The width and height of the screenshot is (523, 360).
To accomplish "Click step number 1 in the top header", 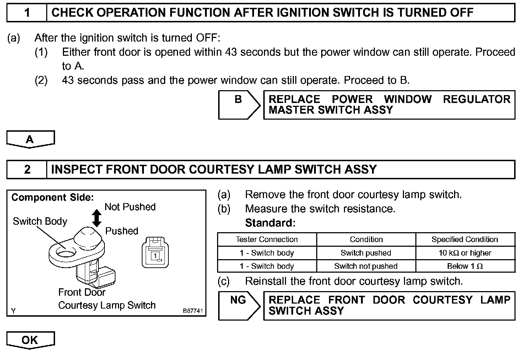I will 27,13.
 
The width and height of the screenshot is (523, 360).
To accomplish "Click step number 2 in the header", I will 27,169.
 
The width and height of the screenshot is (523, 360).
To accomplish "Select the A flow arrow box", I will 30,139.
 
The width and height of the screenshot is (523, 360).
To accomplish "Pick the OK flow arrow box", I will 30,340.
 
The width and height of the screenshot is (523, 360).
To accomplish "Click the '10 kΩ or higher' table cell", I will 465,253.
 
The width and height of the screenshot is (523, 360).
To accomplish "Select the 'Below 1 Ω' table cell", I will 465,266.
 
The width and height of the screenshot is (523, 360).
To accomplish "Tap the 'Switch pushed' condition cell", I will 366,253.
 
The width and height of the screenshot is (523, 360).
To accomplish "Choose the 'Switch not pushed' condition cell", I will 366,266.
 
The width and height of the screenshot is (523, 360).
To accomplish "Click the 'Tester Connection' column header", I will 266,239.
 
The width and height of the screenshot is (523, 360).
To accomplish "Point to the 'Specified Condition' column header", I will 465,239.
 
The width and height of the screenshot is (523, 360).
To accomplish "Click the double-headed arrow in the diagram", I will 97,218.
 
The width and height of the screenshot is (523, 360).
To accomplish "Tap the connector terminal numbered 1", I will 155,255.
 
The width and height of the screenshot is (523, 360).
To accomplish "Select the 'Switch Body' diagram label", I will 40,222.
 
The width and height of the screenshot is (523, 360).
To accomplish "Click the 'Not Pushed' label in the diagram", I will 130,207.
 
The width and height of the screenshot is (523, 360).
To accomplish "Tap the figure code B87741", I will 193,311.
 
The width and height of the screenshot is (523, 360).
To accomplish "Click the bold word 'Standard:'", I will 270,223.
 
